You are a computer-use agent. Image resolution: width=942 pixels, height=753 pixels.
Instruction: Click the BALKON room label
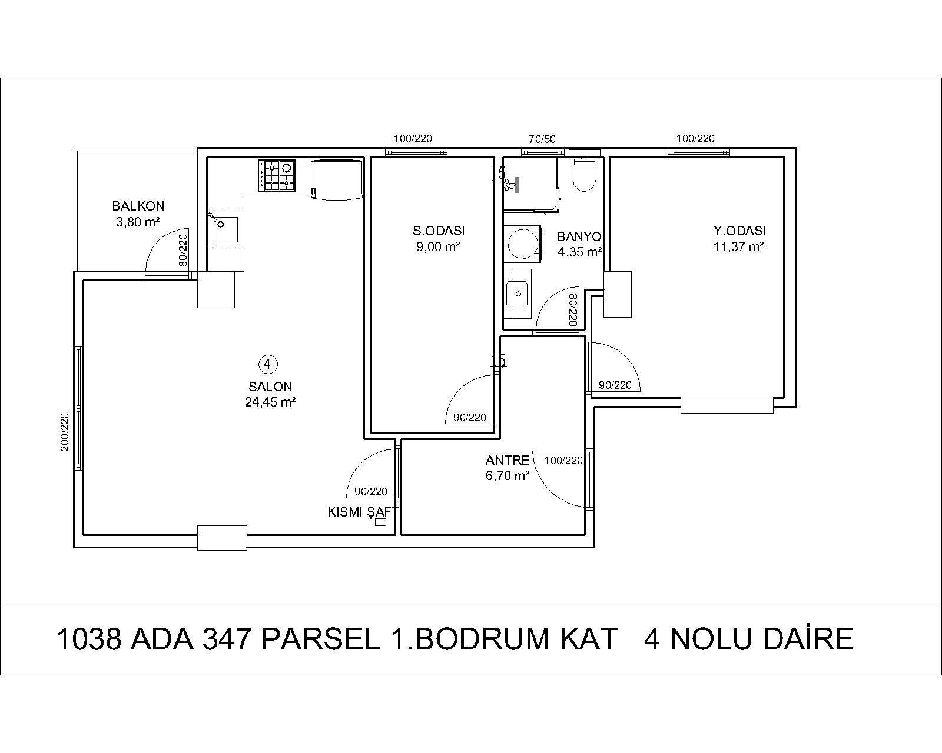(138, 206)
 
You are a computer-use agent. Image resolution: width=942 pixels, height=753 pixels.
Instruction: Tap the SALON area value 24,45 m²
(270, 402)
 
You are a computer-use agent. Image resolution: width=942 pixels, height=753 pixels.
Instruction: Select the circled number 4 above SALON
(268, 364)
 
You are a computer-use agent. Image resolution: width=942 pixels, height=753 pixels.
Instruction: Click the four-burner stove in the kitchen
(277, 175)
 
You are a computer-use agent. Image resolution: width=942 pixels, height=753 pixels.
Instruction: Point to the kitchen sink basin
(225, 229)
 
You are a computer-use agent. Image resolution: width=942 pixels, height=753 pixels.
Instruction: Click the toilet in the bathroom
(585, 175)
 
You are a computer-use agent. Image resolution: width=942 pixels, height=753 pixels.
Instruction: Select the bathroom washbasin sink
(518, 294)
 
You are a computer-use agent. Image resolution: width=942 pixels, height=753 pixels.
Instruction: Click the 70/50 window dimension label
(542, 139)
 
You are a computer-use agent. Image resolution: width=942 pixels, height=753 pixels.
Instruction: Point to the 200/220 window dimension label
(65, 432)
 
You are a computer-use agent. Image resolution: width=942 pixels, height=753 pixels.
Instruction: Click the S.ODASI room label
(439, 231)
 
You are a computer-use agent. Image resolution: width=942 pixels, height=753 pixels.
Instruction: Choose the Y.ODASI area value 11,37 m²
(738, 246)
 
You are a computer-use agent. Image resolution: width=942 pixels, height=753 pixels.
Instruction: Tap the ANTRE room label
(508, 460)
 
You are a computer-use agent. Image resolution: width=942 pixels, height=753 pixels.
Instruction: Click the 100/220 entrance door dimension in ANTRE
(563, 460)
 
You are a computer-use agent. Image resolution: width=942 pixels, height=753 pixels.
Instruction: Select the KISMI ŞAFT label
(363, 512)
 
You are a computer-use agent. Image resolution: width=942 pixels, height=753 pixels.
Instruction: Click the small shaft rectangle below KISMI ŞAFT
(381, 522)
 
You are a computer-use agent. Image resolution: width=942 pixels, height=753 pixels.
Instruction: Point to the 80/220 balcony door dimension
(183, 251)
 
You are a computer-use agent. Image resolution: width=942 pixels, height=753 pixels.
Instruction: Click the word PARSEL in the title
(321, 639)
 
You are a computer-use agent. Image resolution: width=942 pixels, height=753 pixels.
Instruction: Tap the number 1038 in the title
(89, 639)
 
